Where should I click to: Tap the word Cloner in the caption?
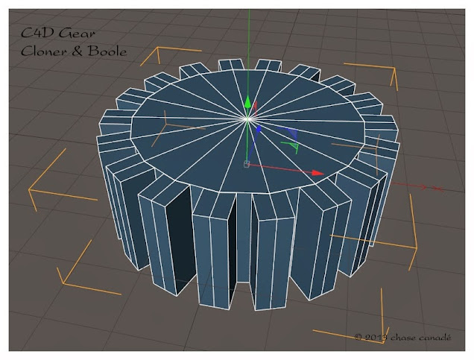coord(40,53)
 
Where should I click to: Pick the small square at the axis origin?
coord(246,163)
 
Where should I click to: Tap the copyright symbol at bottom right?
coord(358,338)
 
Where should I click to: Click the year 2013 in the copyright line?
coord(376,338)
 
